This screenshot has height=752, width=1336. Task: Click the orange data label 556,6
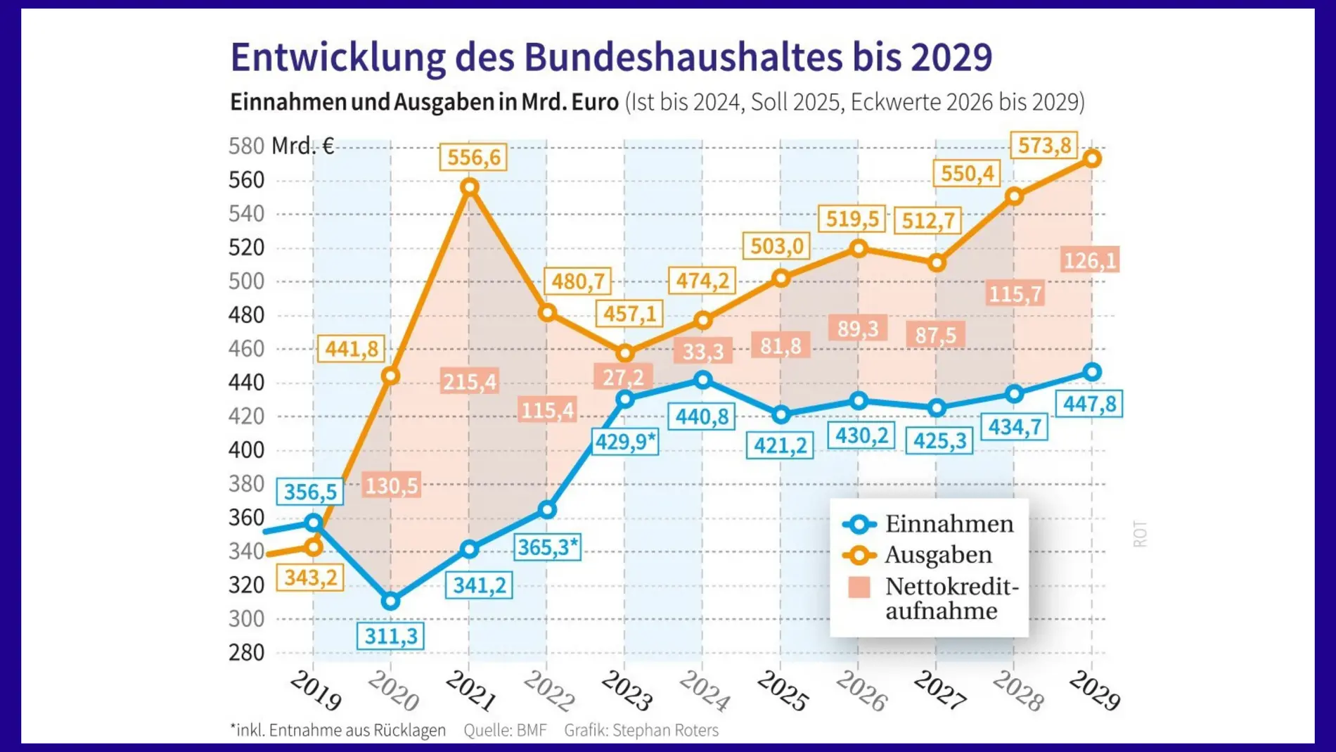pyautogui.click(x=473, y=156)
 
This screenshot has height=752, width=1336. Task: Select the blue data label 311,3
pyautogui.click(x=391, y=636)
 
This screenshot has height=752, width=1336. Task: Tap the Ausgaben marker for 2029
pyautogui.click(x=1091, y=158)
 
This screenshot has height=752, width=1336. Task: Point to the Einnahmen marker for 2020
pyautogui.click(x=391, y=601)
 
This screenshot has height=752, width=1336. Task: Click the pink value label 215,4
pyautogui.click(x=469, y=381)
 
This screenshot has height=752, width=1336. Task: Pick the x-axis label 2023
pyautogui.click(x=627, y=690)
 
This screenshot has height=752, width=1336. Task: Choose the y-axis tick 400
pyautogui.click(x=246, y=450)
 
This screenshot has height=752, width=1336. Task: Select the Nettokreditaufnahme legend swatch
pyautogui.click(x=859, y=587)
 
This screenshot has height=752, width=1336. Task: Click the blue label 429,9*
pyautogui.click(x=625, y=441)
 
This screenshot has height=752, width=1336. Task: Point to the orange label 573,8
pyautogui.click(x=1044, y=146)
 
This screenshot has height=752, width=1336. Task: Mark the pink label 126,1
pyautogui.click(x=1089, y=260)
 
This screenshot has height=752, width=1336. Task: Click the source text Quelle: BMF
pyautogui.click(x=505, y=730)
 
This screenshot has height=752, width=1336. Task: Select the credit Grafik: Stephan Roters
pyautogui.click(x=641, y=730)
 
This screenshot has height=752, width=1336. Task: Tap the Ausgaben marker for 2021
pyautogui.click(x=470, y=187)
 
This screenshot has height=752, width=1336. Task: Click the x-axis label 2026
pyautogui.click(x=861, y=690)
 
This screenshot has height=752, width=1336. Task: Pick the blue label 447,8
pyautogui.click(x=1088, y=403)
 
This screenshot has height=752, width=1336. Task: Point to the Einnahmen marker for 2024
pyautogui.click(x=702, y=380)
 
